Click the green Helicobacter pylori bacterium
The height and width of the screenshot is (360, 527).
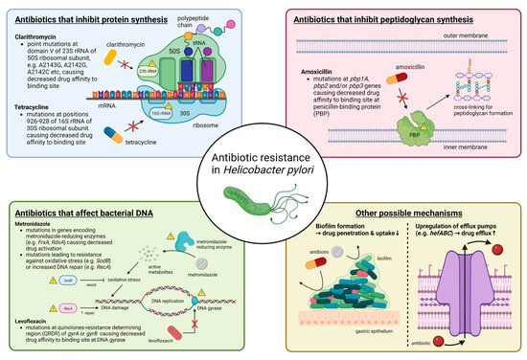[261, 197]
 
